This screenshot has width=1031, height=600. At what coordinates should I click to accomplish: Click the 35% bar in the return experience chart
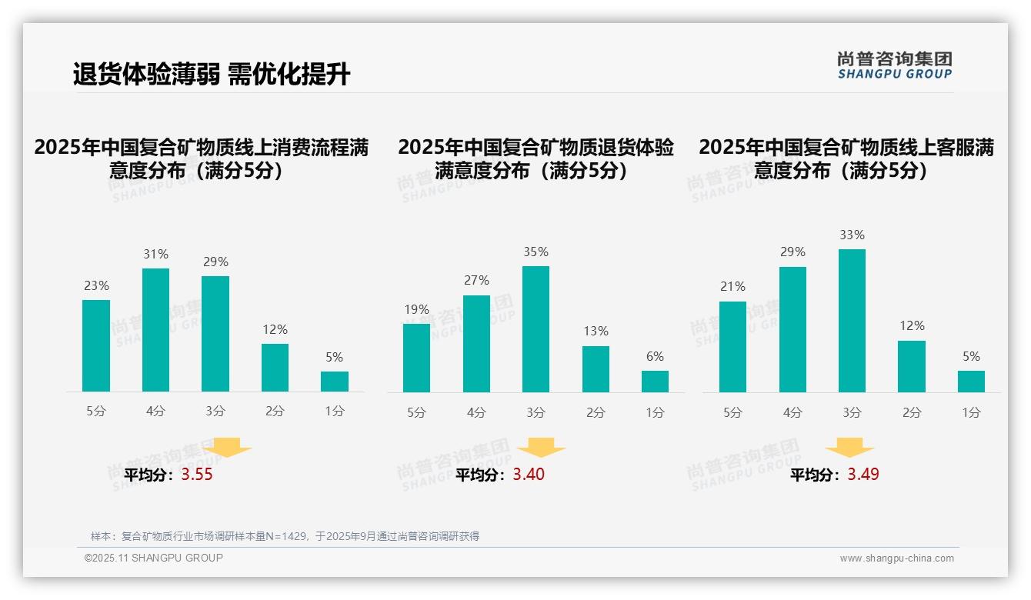(x=536, y=329)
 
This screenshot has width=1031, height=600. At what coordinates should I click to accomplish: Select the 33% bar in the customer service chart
(x=852, y=321)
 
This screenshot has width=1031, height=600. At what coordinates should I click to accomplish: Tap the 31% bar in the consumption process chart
(x=155, y=330)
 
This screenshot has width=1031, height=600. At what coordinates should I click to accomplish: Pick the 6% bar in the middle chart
(x=655, y=382)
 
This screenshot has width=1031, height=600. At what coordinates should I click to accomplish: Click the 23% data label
(x=96, y=286)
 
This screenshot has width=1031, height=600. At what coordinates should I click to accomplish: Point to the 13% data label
(x=596, y=332)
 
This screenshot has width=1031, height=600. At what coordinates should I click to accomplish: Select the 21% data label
(x=732, y=287)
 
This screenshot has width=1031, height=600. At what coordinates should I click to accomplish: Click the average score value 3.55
(x=197, y=475)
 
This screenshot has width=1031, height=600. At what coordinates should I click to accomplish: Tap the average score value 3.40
(x=529, y=475)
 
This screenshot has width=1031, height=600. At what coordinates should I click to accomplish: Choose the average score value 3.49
(x=863, y=475)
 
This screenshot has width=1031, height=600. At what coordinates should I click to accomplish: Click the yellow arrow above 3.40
(x=542, y=447)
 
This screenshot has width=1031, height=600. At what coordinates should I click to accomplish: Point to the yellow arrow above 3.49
(x=849, y=447)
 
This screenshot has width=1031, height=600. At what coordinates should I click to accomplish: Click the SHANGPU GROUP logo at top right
(x=894, y=65)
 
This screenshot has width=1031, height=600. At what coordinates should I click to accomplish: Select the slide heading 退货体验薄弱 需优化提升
(x=212, y=74)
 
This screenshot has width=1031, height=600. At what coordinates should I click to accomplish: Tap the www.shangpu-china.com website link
(x=896, y=558)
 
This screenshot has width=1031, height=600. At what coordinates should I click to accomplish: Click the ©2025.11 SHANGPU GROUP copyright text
(x=154, y=558)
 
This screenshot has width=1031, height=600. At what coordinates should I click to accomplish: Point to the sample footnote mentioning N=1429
(x=285, y=536)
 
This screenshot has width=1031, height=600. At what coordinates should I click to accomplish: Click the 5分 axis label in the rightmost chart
(x=732, y=413)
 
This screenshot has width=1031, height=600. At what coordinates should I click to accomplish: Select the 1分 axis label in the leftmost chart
(x=334, y=412)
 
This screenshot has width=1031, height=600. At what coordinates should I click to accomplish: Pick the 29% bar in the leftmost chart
(x=215, y=334)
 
